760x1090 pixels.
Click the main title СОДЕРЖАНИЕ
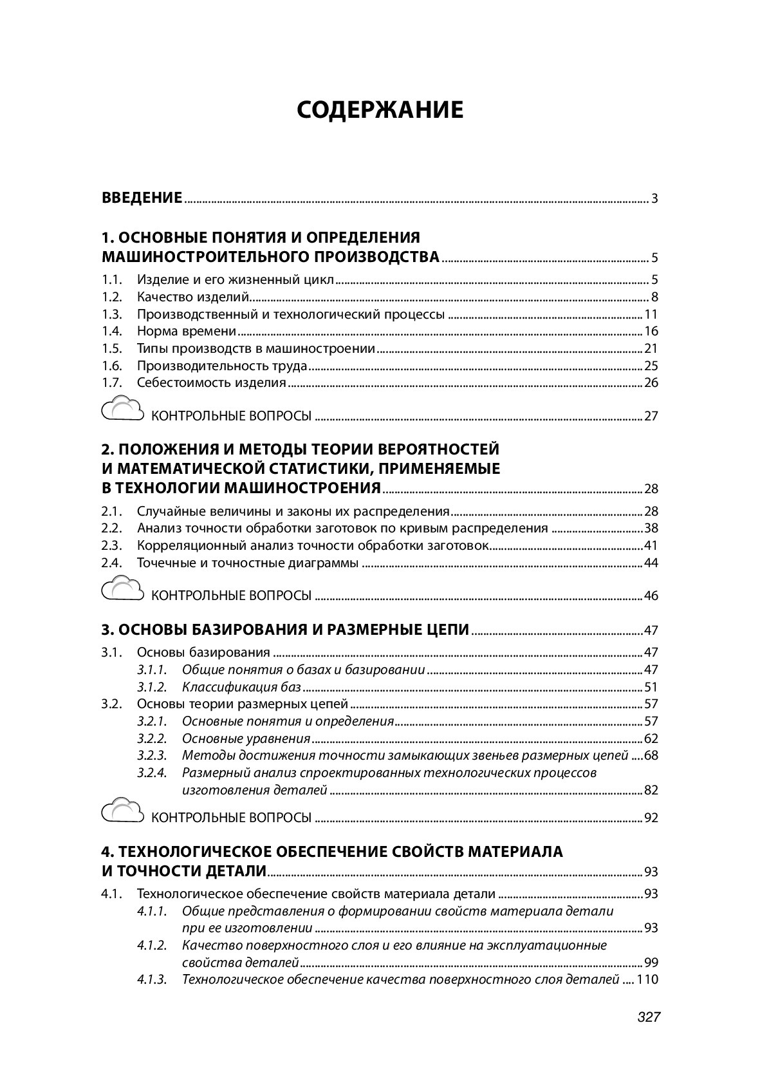pyautogui.click(x=380, y=110)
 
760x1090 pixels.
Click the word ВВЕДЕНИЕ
pyautogui.click(x=142, y=198)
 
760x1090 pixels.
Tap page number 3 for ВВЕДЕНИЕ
pyautogui.click(x=654, y=198)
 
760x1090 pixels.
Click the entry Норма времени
pyautogui.click(x=187, y=332)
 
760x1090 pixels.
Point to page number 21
pyautogui.click(x=651, y=349)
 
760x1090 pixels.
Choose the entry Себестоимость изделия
pyautogui.click(x=211, y=383)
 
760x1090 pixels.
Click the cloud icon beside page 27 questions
pyautogui.click(x=122, y=410)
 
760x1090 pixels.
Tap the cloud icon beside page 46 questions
pyautogui.click(x=122, y=590)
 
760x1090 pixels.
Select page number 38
pyautogui.click(x=651, y=529)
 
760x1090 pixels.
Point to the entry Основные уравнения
pyautogui.click(x=246, y=738)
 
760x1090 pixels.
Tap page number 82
pyautogui.click(x=651, y=791)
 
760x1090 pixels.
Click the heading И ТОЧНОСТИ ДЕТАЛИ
pyautogui.click(x=184, y=872)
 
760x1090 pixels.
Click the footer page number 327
pyautogui.click(x=649, y=1018)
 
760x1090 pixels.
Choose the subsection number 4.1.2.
pyautogui.click(x=152, y=946)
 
